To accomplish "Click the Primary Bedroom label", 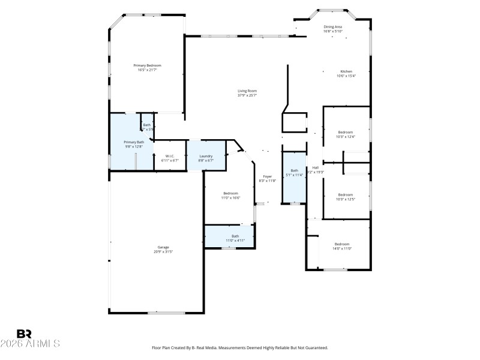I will point(147,65).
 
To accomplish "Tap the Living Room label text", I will point(247,91).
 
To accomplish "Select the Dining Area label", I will point(333,27).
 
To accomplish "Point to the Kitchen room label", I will point(346,71).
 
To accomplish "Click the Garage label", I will point(163,247).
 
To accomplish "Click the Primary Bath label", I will point(134,142).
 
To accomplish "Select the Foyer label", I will point(267,176).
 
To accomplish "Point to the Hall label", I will point(315,168).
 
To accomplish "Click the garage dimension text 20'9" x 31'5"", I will point(163,251).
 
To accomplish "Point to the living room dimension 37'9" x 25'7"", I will point(247,95).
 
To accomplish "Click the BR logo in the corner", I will point(24,334).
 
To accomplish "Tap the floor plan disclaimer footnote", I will point(240,347).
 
